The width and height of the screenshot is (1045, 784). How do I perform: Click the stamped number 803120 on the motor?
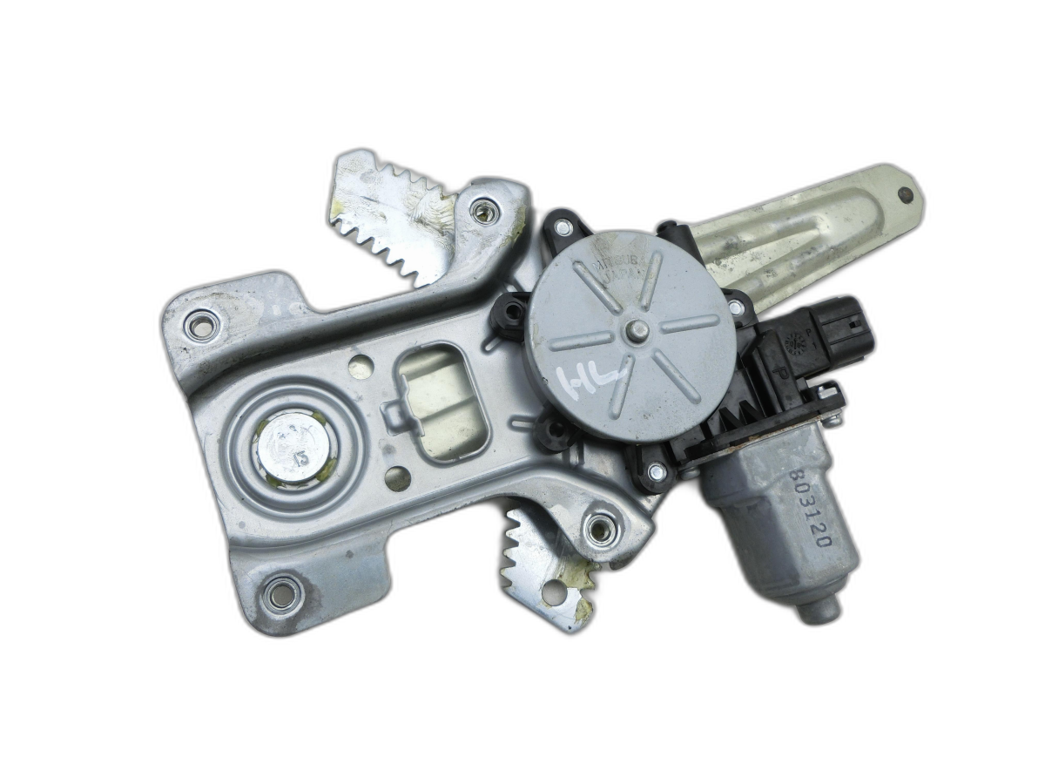[811, 510]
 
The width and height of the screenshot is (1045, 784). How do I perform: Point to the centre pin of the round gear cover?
[637, 330]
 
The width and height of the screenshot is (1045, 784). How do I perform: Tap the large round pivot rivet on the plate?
[293, 447]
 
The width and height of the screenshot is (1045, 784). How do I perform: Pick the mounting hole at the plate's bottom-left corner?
[281, 595]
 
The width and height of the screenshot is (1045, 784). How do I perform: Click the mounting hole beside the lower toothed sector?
[598, 528]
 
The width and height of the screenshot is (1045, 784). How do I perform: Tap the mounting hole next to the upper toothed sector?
[482, 210]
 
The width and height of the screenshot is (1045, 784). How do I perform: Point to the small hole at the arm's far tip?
[906, 194]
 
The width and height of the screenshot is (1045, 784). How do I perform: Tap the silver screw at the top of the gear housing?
[563, 228]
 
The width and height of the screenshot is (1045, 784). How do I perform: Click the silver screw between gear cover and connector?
[737, 307]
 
